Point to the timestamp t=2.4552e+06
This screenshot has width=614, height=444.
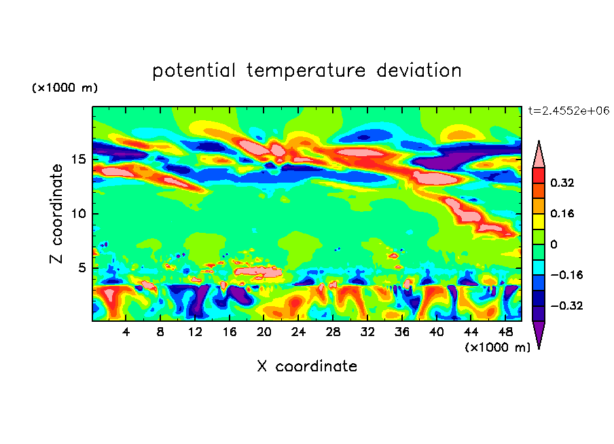(568, 110)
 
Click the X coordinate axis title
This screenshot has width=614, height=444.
(307, 367)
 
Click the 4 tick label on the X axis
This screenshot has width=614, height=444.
(126, 333)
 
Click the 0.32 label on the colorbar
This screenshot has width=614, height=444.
(564, 183)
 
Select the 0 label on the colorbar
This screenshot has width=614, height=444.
(554, 244)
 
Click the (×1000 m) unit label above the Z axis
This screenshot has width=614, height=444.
(65, 88)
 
